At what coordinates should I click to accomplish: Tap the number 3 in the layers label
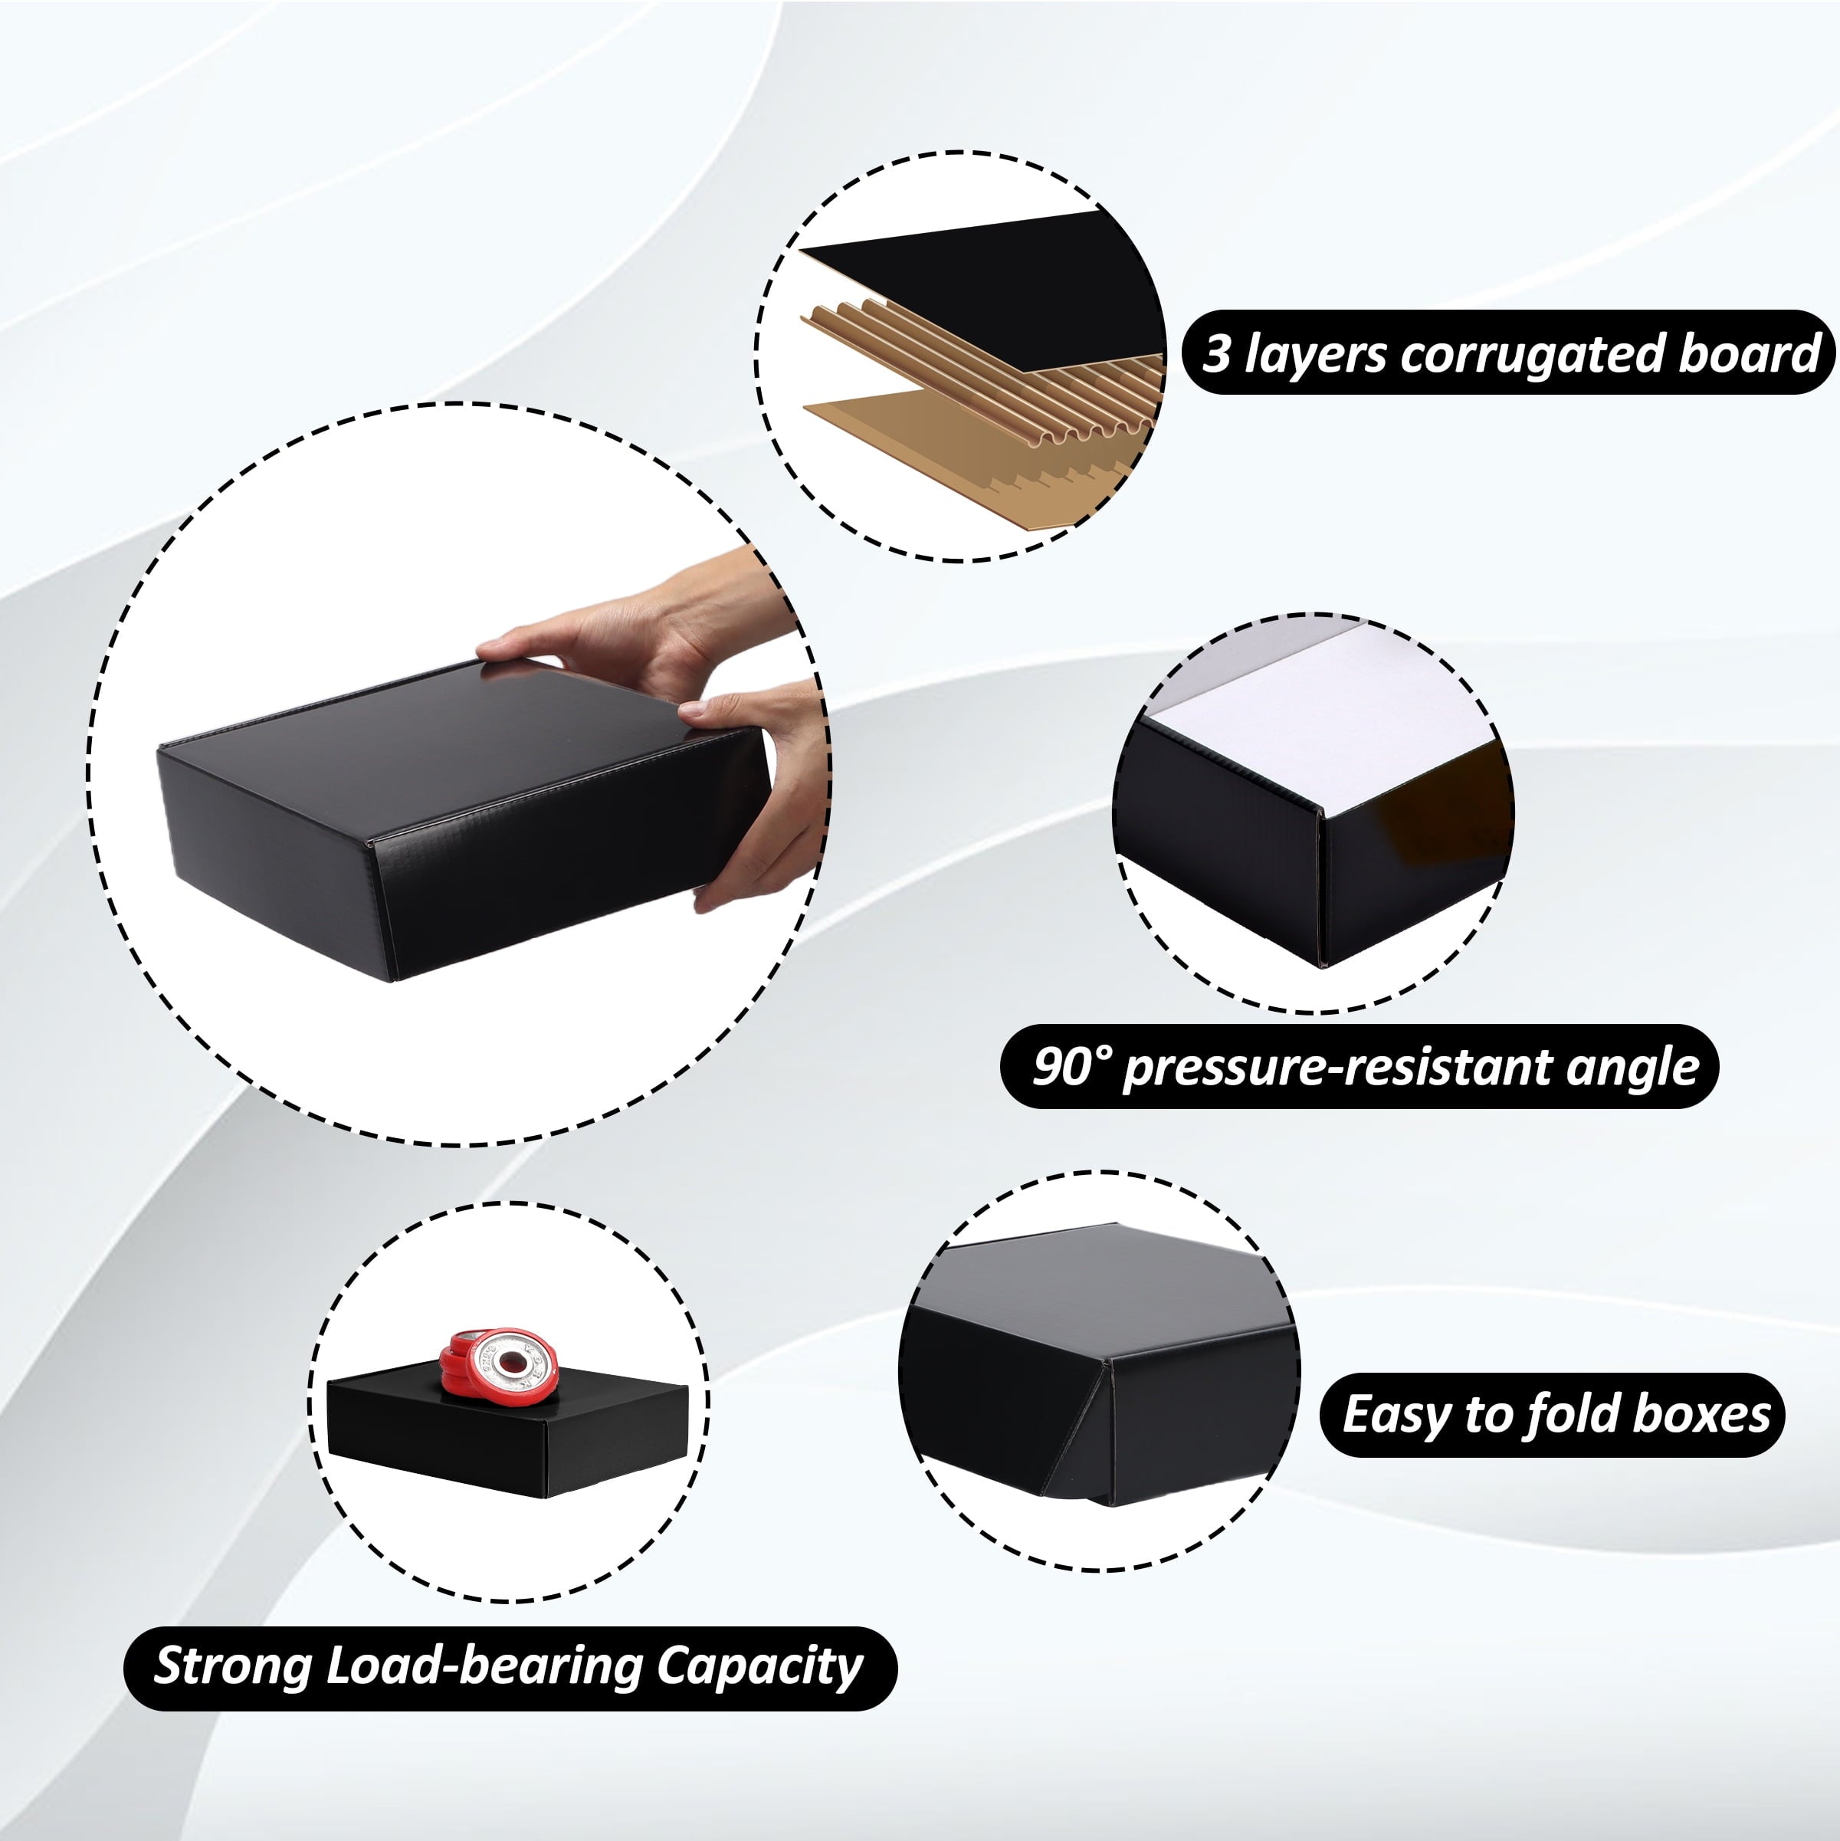(x=1217, y=353)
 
